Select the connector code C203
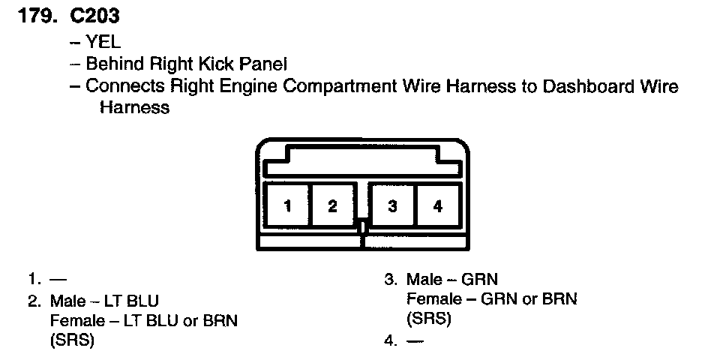click(x=95, y=16)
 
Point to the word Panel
click(x=262, y=64)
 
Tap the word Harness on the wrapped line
click(x=134, y=107)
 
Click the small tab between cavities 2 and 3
click(x=362, y=226)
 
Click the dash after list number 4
click(x=414, y=341)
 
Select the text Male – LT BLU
click(x=104, y=301)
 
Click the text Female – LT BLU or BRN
click(x=143, y=321)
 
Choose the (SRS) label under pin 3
click(x=428, y=319)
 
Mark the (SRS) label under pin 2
click(x=72, y=341)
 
